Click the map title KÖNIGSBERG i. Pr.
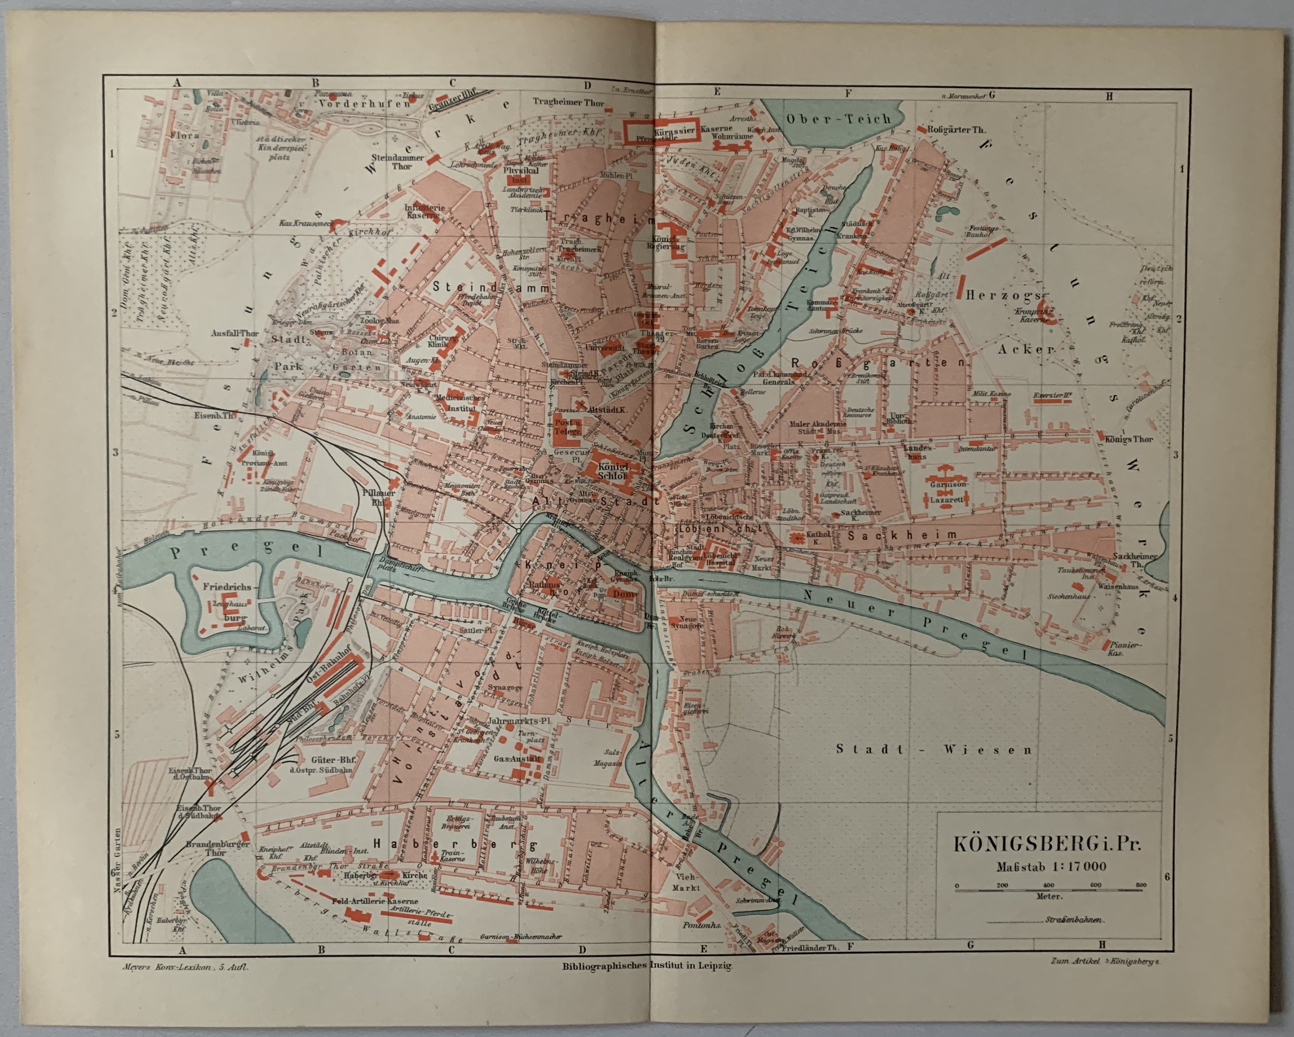click(x=1047, y=843)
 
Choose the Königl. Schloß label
click(x=612, y=471)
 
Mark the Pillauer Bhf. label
click(x=378, y=497)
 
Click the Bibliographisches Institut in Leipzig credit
click(x=647, y=966)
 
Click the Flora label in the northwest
click(x=184, y=135)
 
